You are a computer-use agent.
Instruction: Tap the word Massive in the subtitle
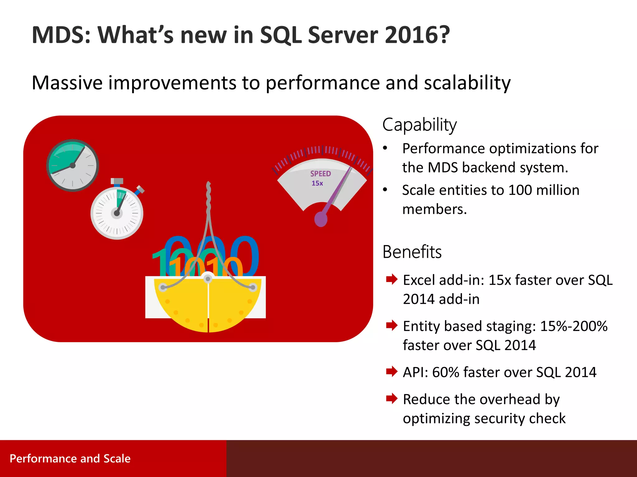(67, 83)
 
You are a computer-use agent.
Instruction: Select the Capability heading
(419, 125)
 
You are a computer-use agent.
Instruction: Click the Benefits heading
(412, 252)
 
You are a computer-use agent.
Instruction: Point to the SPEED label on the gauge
(320, 174)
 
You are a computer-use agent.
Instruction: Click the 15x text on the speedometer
(317, 183)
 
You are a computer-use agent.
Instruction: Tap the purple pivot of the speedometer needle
(321, 219)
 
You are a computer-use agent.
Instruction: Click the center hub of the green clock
(72, 166)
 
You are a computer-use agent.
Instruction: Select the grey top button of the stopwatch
(117, 181)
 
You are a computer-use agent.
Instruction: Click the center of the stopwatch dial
(117, 213)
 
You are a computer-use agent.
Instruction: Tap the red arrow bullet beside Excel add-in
(392, 279)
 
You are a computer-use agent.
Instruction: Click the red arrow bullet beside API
(392, 371)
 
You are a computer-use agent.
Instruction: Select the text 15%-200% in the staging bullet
(574, 326)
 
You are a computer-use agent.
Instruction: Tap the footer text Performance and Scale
(70, 458)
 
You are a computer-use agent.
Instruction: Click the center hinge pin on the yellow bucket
(208, 279)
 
